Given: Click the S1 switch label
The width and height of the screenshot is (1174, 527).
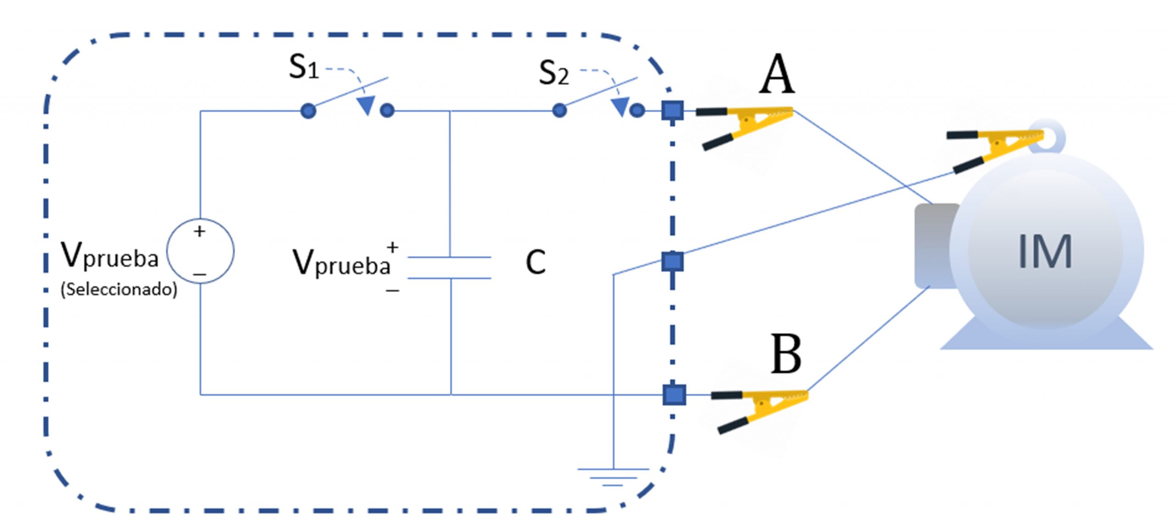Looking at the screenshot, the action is pyautogui.click(x=304, y=67).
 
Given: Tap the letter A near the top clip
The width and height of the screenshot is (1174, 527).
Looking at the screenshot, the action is pyautogui.click(x=776, y=74).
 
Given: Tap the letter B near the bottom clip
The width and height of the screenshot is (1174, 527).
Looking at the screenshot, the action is pyautogui.click(x=786, y=354).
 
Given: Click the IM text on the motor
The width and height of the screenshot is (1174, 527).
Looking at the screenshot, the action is pyautogui.click(x=1045, y=251).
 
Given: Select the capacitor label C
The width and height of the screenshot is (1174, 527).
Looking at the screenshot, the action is pyautogui.click(x=536, y=262).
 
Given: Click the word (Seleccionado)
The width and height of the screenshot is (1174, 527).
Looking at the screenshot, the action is pyautogui.click(x=119, y=289).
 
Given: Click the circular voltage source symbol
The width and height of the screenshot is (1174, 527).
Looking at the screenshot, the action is pyautogui.click(x=200, y=251).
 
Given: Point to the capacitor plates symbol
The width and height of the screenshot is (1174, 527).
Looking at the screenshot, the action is pyautogui.click(x=449, y=268).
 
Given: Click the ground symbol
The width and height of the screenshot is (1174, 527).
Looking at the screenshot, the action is pyautogui.click(x=613, y=477).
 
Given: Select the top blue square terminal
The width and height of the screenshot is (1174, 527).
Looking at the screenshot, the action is pyautogui.click(x=673, y=110).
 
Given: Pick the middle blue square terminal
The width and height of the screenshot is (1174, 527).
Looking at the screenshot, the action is pyautogui.click(x=673, y=262).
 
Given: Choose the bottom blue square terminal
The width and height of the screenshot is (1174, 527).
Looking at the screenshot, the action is pyautogui.click(x=674, y=395).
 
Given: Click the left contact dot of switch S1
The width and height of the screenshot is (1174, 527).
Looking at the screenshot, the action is pyautogui.click(x=308, y=111).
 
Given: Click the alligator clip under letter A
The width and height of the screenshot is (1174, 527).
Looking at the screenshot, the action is pyautogui.click(x=744, y=127).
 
